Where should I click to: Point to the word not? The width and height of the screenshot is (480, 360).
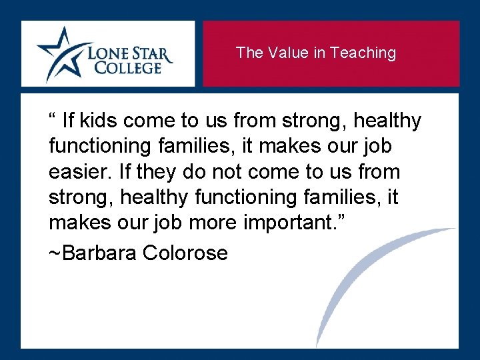tap(225, 172)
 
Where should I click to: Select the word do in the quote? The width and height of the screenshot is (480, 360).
tap(195, 172)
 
